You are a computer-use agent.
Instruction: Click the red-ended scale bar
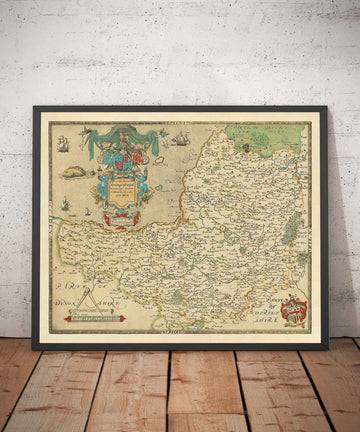[93, 318]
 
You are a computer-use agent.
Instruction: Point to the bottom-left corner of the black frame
[34, 346]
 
